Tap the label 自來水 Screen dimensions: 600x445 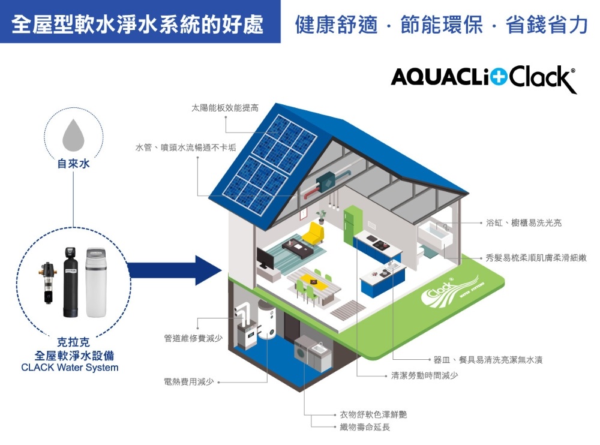(73, 164)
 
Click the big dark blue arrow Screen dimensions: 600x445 (175, 270)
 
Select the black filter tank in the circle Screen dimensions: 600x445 (70, 282)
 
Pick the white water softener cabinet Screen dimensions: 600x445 (95, 282)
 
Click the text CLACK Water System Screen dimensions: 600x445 (70, 368)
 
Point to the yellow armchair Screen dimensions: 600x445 (314, 233)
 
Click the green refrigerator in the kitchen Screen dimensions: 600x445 (352, 225)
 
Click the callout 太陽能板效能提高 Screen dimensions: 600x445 (225, 108)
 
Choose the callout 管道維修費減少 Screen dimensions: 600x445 (193, 338)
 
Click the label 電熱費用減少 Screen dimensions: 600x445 (189, 382)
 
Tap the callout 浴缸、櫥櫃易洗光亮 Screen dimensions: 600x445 (524, 222)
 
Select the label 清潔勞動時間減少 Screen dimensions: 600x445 (424, 375)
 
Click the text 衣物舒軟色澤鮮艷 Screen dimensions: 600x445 (373, 414)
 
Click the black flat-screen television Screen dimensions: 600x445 (265, 258)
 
